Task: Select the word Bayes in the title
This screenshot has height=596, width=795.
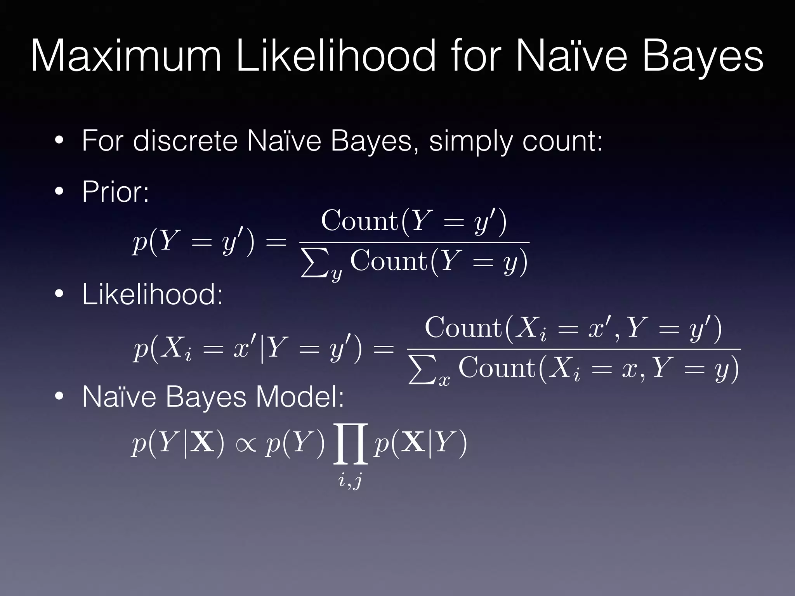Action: click(x=703, y=57)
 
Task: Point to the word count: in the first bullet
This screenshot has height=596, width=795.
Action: click(x=562, y=141)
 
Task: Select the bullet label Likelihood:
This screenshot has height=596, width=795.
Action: click(x=152, y=295)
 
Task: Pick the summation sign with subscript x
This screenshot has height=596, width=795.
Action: click(x=422, y=371)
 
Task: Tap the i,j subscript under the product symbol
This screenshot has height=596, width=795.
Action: click(x=350, y=481)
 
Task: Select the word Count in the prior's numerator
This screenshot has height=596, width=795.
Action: click(x=359, y=221)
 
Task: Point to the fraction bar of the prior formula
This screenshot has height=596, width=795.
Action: click(x=414, y=242)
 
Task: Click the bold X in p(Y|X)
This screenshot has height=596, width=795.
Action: click(x=202, y=443)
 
